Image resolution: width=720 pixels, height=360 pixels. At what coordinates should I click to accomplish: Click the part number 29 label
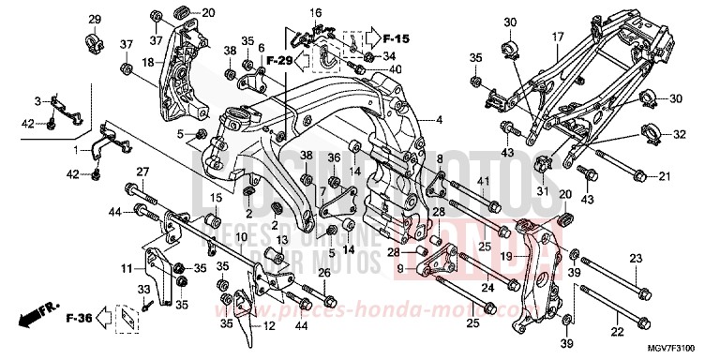(94, 20)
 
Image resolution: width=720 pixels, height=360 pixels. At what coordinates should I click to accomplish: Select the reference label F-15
(397, 39)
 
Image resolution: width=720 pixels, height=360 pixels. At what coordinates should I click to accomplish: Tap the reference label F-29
(277, 60)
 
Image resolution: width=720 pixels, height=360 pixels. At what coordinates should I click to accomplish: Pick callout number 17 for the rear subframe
(556, 37)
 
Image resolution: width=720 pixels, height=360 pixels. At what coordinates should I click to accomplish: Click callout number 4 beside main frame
(438, 120)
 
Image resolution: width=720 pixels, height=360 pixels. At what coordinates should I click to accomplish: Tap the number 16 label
(315, 13)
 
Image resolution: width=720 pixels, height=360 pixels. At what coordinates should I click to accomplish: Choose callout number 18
(147, 62)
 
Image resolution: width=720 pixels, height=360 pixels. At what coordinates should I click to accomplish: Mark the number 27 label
(142, 172)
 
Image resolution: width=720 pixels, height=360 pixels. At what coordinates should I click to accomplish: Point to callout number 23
(635, 258)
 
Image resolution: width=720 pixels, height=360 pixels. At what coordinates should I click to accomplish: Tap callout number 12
(268, 326)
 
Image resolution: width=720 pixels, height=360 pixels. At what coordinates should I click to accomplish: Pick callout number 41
(484, 181)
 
